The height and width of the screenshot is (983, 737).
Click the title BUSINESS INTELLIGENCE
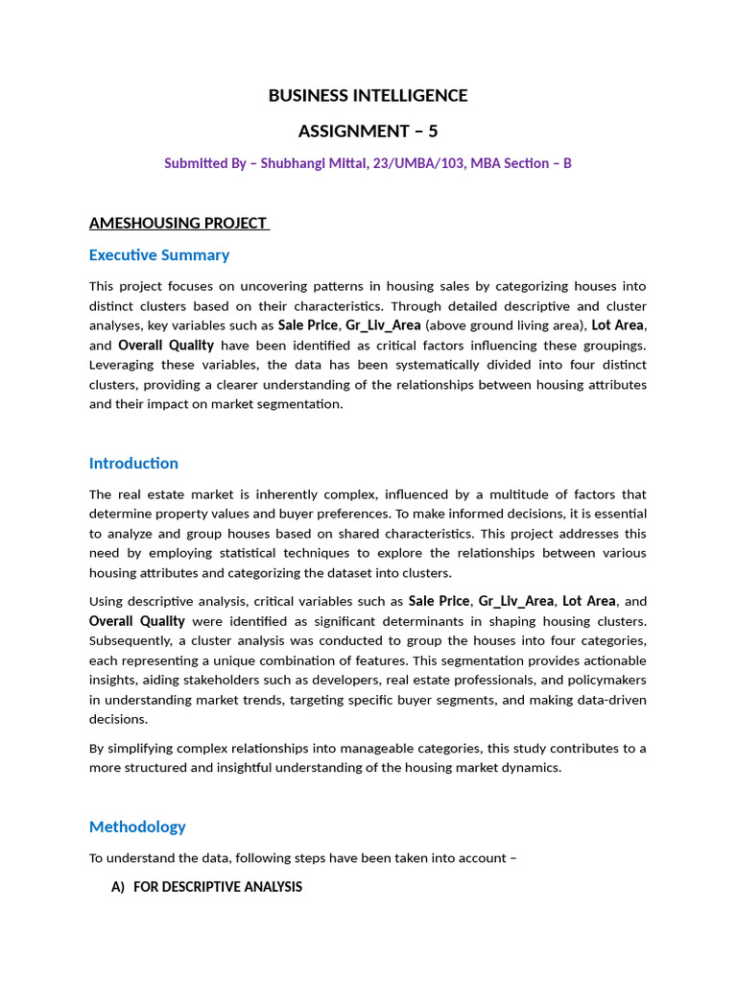[x=368, y=96]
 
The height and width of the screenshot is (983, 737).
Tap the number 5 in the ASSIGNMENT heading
[x=432, y=131]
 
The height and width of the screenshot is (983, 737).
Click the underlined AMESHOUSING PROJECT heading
[x=178, y=224]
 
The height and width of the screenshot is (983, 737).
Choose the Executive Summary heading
[x=159, y=255]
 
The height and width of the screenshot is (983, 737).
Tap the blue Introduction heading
[x=133, y=464]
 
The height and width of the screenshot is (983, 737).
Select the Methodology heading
[x=137, y=827]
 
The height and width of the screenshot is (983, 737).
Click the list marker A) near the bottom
[x=118, y=887]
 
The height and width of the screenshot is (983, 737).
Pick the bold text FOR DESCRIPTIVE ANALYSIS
[x=218, y=887]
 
